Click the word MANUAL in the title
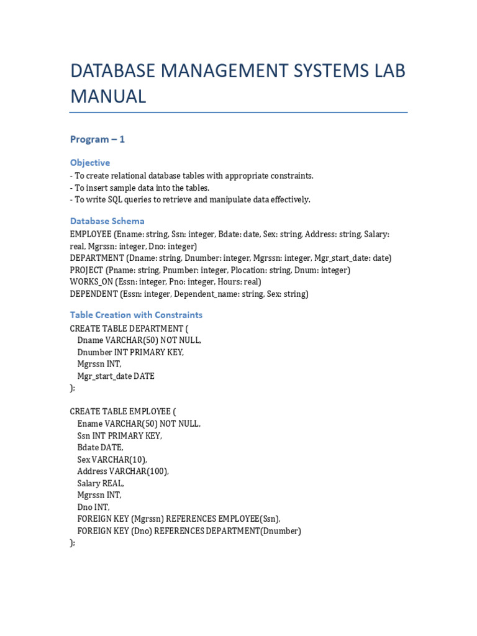(x=108, y=96)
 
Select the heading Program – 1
(x=98, y=139)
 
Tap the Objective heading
(x=90, y=163)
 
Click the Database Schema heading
(x=107, y=221)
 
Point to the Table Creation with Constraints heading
(x=136, y=315)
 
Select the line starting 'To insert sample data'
(x=140, y=188)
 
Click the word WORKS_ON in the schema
(x=91, y=282)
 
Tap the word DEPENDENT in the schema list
(x=94, y=294)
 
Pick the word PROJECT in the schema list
(x=86, y=270)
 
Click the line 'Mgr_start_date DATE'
(x=116, y=376)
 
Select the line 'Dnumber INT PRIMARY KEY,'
(x=130, y=352)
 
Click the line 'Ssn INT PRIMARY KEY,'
(x=119, y=436)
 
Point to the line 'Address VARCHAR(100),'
(x=123, y=471)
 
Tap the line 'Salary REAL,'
(x=101, y=483)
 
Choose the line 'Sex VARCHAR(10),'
(x=112, y=460)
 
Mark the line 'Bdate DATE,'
(x=100, y=448)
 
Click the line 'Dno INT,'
(x=93, y=507)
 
